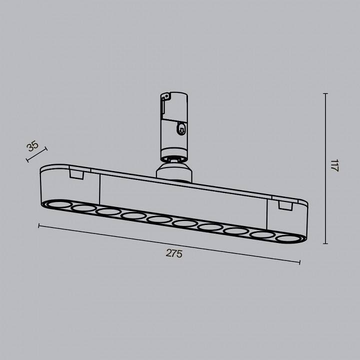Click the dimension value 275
pos(174,253)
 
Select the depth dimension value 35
pos(32,146)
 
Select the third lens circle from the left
pos(108,212)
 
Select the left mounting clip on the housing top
pos(76,173)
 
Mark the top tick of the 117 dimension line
pos(325,94)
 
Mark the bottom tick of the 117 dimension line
pos(325,243)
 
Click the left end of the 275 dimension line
pos(39,225)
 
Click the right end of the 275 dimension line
pos(299,262)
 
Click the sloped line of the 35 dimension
pos(36,154)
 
